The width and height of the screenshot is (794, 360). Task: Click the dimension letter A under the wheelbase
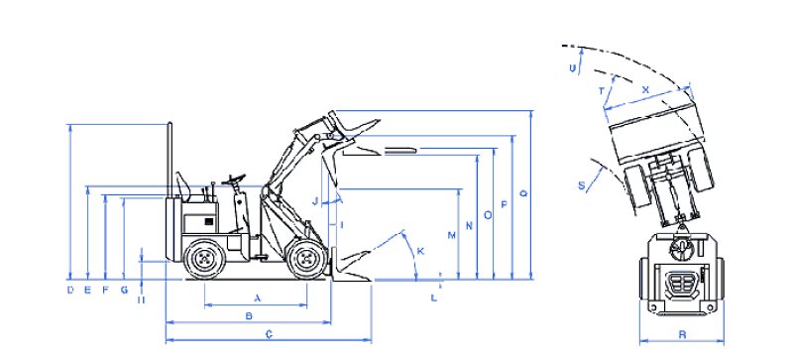tap(257, 299)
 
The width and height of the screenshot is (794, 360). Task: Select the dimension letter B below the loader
tap(249, 316)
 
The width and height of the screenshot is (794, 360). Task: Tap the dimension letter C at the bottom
tap(269, 334)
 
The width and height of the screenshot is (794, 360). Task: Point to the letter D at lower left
tap(70, 291)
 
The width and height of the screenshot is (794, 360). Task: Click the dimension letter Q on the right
tap(523, 193)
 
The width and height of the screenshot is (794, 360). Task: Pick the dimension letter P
tap(504, 204)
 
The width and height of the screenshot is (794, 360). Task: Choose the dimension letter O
tap(488, 215)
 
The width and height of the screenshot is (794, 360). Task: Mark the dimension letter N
tap(470, 226)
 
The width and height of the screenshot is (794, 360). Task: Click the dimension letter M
tap(452, 235)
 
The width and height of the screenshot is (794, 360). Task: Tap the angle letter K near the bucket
tap(420, 251)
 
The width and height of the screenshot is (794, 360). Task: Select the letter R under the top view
tap(682, 334)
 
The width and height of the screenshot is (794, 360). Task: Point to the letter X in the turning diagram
tap(645, 89)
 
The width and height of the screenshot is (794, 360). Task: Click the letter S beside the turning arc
tap(581, 185)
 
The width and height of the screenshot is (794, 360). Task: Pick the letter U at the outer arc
tap(573, 68)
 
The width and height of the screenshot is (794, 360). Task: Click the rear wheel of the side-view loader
tap(204, 259)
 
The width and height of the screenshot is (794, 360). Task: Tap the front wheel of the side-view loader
tap(306, 260)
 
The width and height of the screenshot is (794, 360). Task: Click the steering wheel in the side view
tap(233, 179)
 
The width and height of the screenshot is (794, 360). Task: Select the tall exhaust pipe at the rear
tap(170, 160)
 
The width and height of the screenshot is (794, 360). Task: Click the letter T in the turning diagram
tap(602, 91)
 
